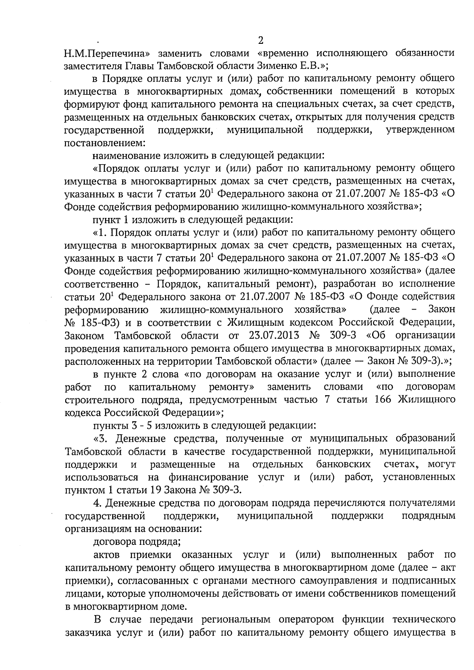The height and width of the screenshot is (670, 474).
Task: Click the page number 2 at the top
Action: pyautogui.click(x=260, y=41)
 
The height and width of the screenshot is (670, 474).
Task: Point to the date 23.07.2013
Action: pyautogui.click(x=273, y=336)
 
